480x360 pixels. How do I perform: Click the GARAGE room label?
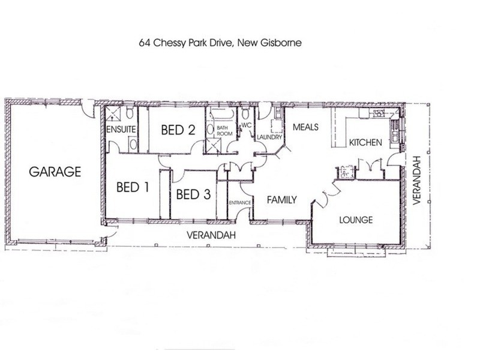tap(55, 172)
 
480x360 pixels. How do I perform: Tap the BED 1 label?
tap(132, 187)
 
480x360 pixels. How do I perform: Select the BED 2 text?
tap(178, 130)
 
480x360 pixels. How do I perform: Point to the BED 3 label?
tap(193, 194)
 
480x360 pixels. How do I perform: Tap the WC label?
tap(245, 125)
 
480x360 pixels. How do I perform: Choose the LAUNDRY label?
tap(269, 137)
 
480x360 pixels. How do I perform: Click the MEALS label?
tap(305, 127)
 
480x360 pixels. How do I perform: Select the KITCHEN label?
tap(365, 143)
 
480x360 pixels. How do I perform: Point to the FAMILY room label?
tap(282, 200)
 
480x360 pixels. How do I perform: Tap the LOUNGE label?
tap(356, 220)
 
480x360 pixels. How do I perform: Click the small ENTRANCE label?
tap(239, 204)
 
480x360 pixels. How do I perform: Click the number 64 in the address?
tap(145, 43)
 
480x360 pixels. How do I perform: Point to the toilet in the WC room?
tap(246, 114)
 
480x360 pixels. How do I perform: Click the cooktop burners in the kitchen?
tap(378, 112)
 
